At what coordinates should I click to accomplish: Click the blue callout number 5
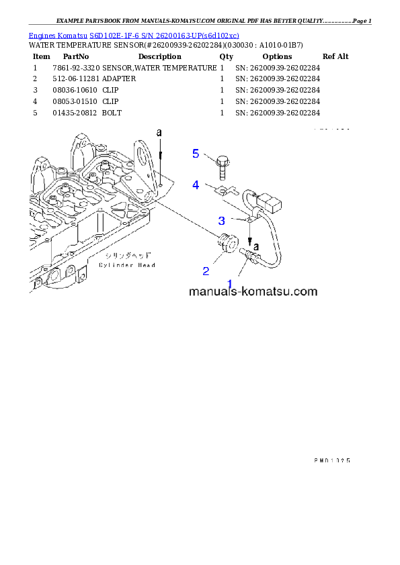(x=196, y=154)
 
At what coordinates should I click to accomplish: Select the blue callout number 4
(x=196, y=185)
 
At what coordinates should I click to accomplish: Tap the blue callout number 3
(x=221, y=220)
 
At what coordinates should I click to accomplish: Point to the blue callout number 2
(x=206, y=271)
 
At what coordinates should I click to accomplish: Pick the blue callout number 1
(x=230, y=284)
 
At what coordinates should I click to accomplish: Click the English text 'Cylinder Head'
(x=127, y=265)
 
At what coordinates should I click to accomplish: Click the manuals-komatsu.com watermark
(x=253, y=292)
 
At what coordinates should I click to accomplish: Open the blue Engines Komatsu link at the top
(x=134, y=35)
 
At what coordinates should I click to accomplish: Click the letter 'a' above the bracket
(x=159, y=133)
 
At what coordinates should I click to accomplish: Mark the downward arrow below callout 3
(x=250, y=235)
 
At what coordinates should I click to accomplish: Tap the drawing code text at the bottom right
(x=332, y=460)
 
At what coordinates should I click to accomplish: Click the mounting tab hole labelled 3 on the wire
(x=250, y=217)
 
